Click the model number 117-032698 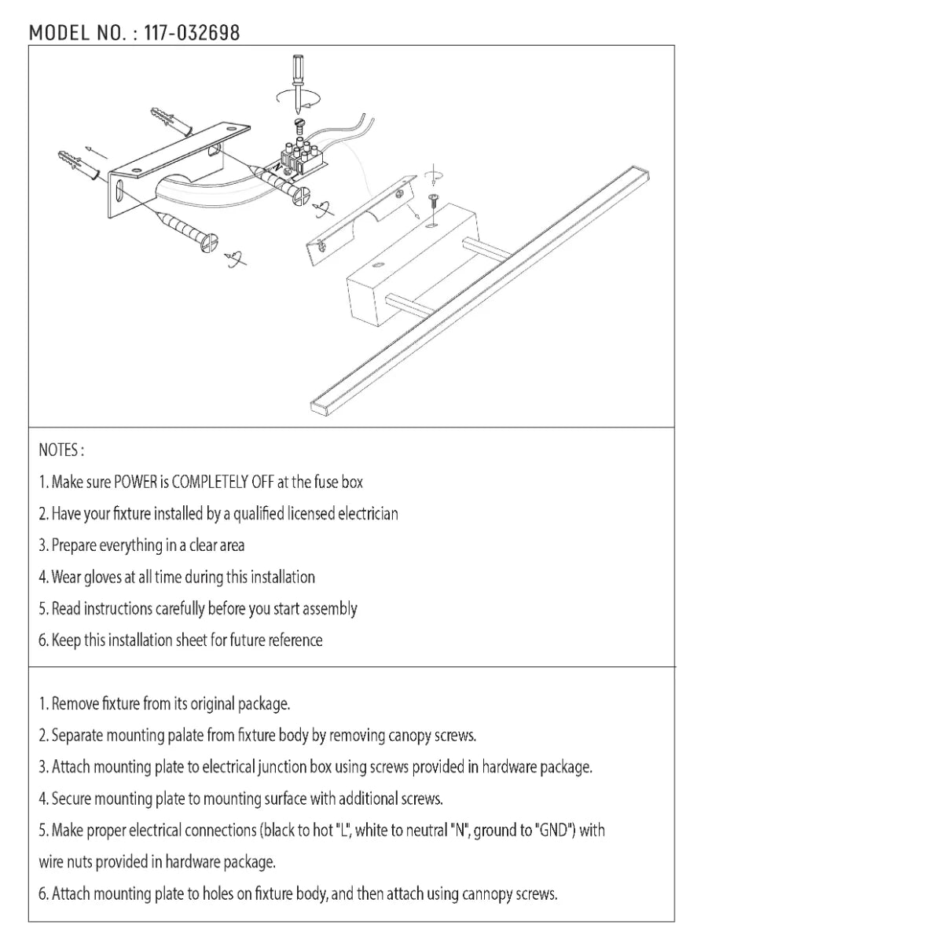[x=192, y=33]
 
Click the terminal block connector [x=300, y=156]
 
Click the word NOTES [x=60, y=450]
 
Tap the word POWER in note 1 [x=136, y=482]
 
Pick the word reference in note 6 [x=295, y=640]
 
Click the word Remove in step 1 [x=75, y=704]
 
